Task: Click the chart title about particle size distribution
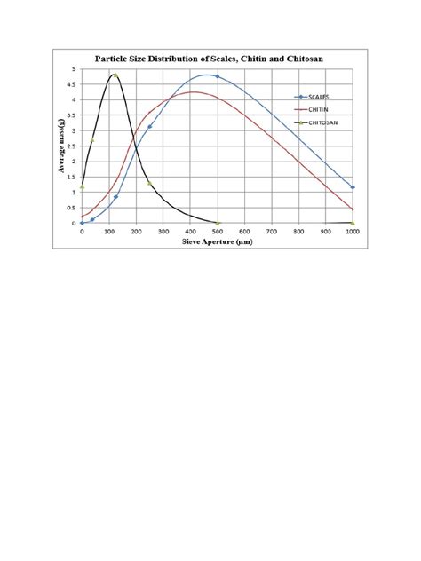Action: [210, 59]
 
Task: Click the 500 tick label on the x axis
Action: [218, 231]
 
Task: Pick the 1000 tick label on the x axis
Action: [353, 231]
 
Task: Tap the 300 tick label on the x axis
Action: [163, 231]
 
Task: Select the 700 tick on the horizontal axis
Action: [272, 231]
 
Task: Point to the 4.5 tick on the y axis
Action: [74, 84]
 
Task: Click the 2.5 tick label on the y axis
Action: [74, 146]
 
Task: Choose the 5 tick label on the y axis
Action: [75, 69]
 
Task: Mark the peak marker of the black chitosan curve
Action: [115, 75]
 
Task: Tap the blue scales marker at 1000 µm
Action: [353, 187]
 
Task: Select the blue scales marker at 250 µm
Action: [149, 127]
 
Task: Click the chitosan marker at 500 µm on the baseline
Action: [218, 223]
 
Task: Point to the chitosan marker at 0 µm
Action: [82, 186]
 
